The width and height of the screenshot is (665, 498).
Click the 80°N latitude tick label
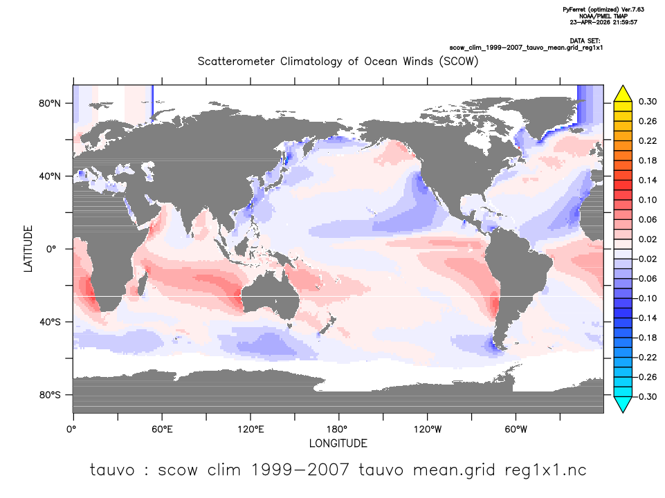tap(50, 104)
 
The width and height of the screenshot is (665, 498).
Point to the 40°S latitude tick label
tap(50, 322)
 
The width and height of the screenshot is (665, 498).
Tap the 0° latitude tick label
tap(51, 249)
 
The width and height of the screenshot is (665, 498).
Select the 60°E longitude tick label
tap(162, 430)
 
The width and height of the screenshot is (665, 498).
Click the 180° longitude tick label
tap(339, 430)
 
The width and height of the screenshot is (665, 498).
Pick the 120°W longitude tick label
tap(428, 430)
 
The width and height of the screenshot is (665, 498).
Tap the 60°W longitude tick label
tap(516, 430)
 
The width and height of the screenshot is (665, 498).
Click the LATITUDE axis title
tap(28, 249)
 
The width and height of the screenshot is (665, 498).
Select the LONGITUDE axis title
tap(338, 443)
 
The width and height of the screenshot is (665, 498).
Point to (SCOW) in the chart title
tap(459, 62)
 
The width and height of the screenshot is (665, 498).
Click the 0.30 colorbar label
tap(648, 102)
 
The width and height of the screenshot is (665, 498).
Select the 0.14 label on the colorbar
tap(648, 180)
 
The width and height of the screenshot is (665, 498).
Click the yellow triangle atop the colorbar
tap(623, 93)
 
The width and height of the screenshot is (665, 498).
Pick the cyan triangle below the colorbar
tap(623, 405)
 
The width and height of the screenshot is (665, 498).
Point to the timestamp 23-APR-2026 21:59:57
tap(603, 22)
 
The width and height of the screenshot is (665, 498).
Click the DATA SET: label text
tap(585, 41)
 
